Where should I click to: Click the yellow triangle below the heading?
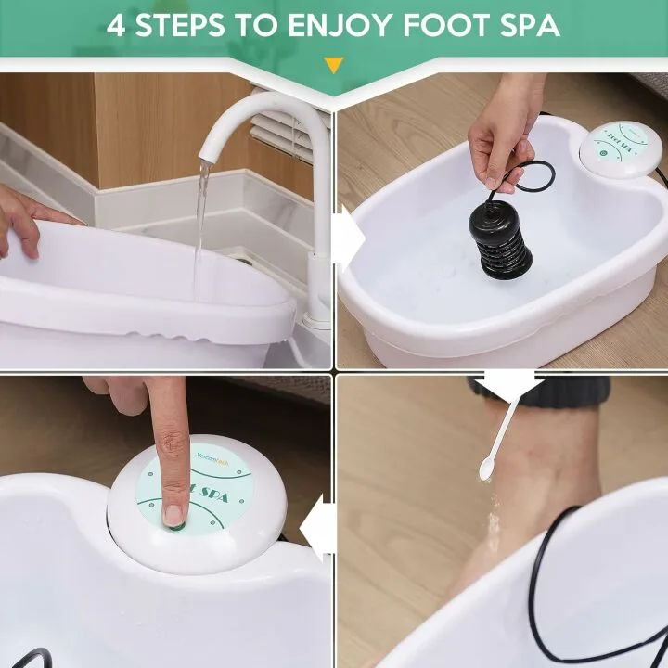[x=333, y=65]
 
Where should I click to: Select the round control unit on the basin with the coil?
[x=620, y=148]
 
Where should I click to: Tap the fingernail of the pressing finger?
[x=173, y=513]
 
